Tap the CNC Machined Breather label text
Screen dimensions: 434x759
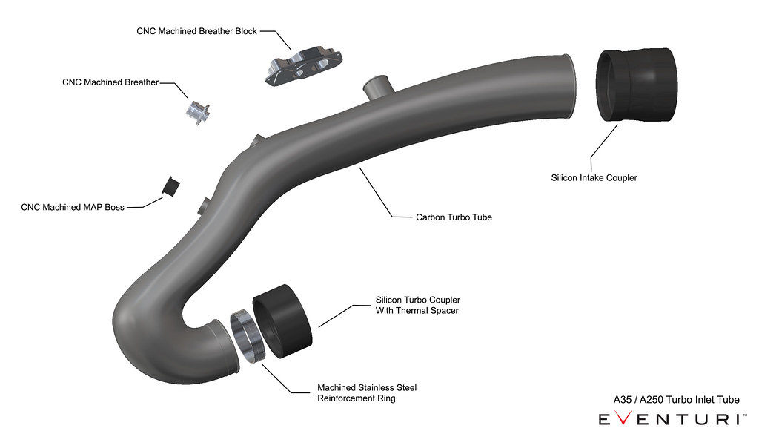(110, 82)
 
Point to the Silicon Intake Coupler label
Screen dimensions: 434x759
(594, 178)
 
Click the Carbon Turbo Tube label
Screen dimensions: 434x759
(454, 217)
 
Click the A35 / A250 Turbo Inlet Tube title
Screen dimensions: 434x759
(676, 400)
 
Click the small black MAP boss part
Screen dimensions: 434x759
(173, 186)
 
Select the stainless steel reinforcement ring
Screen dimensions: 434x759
(247, 338)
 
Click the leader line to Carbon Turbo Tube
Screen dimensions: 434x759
(376, 192)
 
